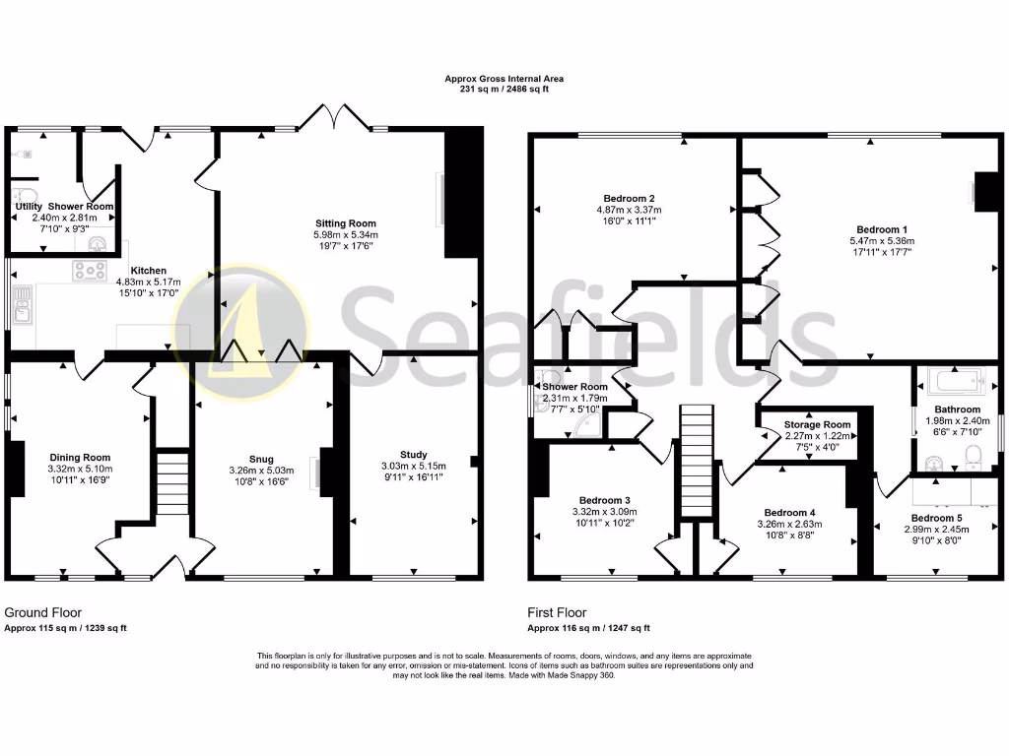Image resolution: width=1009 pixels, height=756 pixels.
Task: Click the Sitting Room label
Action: point(346,223)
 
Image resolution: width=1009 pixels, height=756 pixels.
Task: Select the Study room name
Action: point(414,455)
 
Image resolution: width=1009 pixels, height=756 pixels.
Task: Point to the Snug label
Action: point(261,459)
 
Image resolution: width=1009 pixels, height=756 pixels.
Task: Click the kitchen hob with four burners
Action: point(90,271)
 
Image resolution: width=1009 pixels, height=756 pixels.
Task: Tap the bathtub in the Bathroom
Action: point(954,380)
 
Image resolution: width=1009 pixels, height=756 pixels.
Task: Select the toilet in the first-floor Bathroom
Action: point(974,455)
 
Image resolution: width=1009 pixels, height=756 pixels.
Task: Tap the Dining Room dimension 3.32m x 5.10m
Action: point(81,470)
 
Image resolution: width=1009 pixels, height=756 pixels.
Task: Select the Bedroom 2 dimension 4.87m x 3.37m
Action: point(629,210)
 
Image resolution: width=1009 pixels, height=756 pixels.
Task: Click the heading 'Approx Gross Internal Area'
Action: point(504,79)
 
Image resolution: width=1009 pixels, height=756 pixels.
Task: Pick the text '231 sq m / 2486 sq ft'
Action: point(504,90)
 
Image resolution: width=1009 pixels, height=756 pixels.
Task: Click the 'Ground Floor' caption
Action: point(43,612)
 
